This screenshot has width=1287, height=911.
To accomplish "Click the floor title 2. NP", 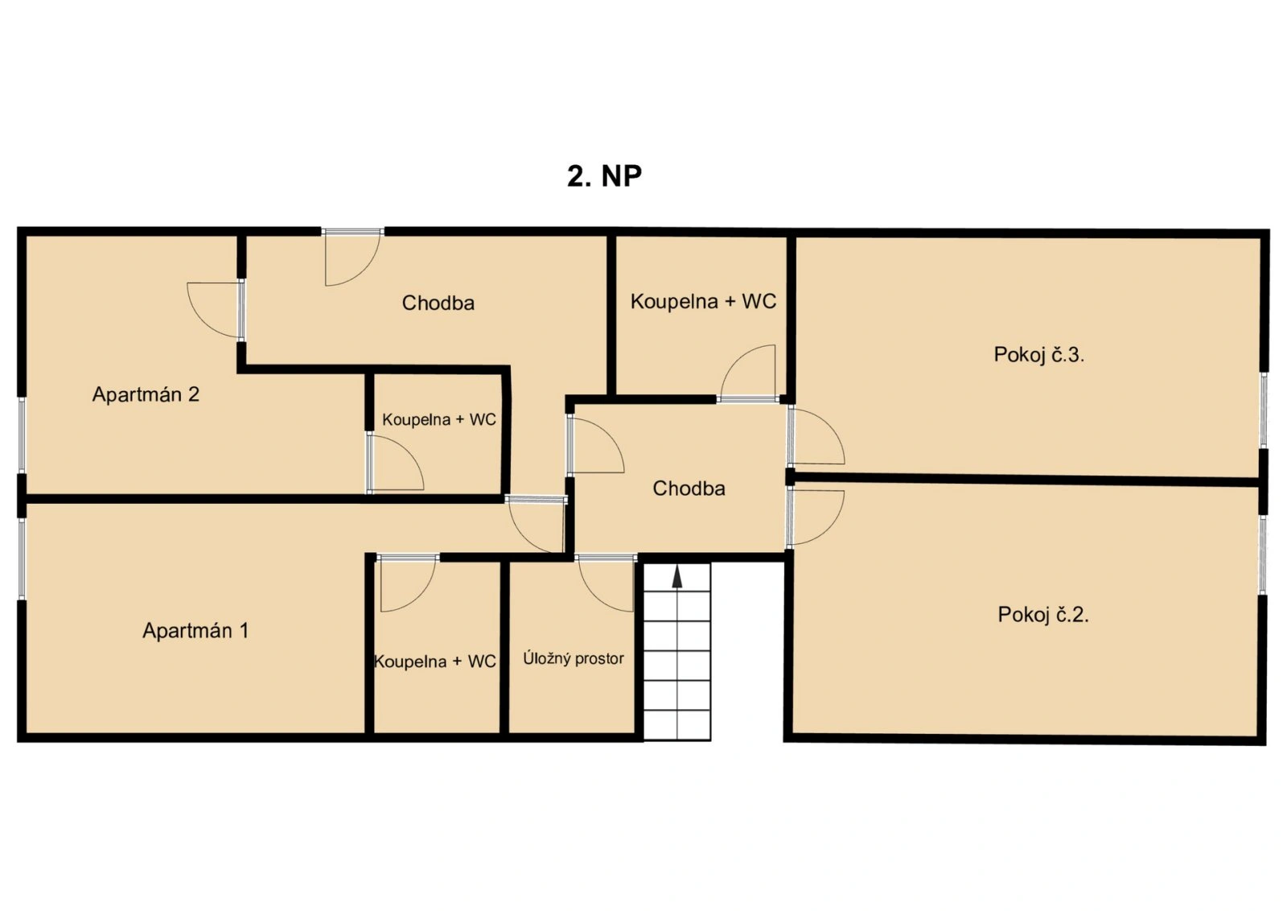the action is (604, 176).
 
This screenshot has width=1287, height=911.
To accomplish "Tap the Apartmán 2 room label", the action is (146, 394).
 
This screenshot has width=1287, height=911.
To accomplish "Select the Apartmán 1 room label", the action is (195, 630).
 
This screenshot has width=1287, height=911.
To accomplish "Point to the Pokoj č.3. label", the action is (1038, 355).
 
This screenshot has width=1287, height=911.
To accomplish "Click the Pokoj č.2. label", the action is (1043, 615).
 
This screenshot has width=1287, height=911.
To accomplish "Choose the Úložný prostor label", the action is (574, 658).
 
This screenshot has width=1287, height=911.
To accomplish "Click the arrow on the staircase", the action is (677, 577).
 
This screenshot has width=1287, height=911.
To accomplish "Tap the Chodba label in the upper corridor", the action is (438, 303).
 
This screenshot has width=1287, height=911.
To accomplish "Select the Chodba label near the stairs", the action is (689, 488).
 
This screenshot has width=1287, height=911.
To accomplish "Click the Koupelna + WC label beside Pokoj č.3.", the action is (703, 301).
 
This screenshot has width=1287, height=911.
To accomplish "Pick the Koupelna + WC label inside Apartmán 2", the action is (439, 419).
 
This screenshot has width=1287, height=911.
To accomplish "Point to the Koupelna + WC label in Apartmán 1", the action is (435, 662).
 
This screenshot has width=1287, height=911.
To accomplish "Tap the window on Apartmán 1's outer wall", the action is (21, 559).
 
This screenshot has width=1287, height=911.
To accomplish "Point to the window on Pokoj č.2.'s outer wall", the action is (1263, 554).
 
